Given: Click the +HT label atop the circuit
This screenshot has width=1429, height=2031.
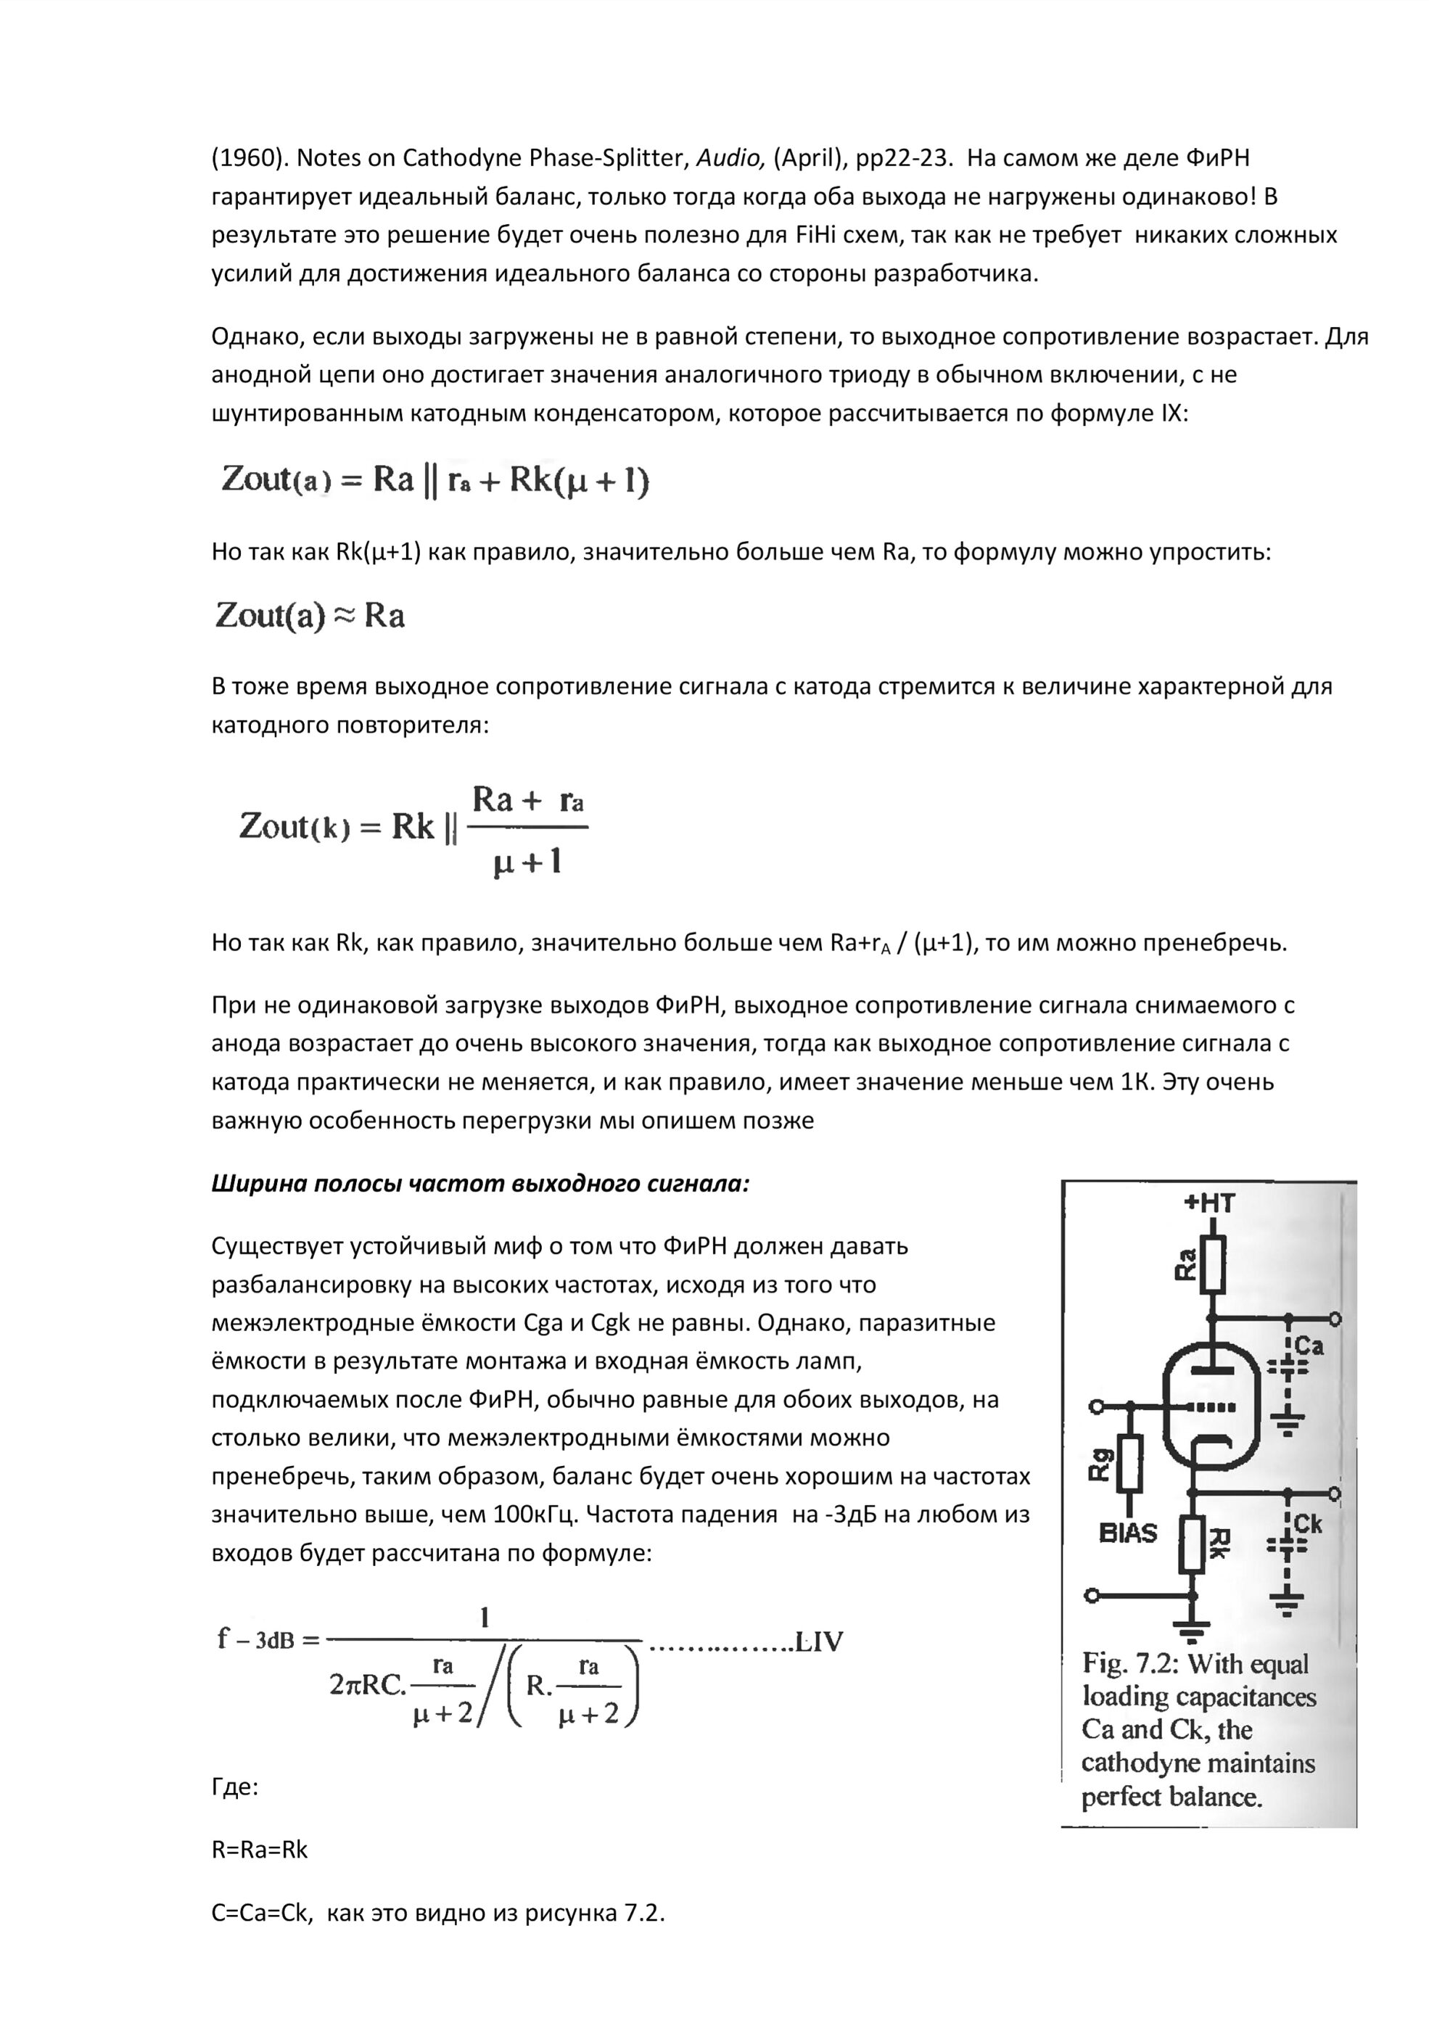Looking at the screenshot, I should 1208,1203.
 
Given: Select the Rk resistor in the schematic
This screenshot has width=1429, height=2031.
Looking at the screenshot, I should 1192,1544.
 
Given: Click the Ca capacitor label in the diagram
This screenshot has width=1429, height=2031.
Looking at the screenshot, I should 1309,1346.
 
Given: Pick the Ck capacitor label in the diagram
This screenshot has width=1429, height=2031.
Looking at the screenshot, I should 1308,1523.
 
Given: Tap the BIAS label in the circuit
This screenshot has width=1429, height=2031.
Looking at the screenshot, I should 1127,1533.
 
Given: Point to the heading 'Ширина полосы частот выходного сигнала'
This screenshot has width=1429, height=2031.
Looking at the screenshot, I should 480,1184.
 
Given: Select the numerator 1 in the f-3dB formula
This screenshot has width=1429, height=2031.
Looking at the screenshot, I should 484,1618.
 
